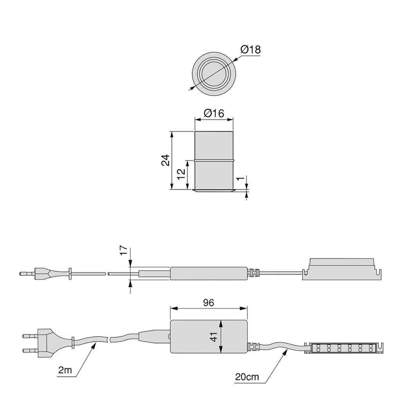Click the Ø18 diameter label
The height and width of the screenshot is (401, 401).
[x=250, y=49]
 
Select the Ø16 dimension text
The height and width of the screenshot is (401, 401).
[x=214, y=113]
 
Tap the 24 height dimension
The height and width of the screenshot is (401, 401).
[x=166, y=160]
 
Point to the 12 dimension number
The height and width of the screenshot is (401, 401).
[x=181, y=174]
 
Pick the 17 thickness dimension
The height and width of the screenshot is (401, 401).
[x=123, y=250]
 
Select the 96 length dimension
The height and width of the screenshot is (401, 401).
[x=208, y=303]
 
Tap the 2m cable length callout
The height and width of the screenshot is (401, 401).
[x=65, y=370]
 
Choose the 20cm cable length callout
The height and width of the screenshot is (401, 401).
[x=247, y=377]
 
